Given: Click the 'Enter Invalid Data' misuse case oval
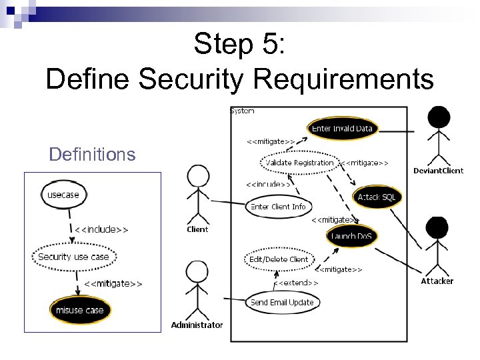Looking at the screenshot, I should pyautogui.click(x=342, y=129).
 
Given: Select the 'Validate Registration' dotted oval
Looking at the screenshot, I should pyautogui.click(x=299, y=163).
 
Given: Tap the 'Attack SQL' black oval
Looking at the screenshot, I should pyautogui.click(x=377, y=197).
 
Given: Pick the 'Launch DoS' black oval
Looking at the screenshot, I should pyautogui.click(x=352, y=236).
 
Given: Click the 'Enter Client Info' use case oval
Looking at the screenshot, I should pyautogui.click(x=278, y=207).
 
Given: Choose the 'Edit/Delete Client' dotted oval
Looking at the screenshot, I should pyautogui.click(x=278, y=259).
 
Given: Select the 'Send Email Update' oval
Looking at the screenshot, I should pyautogui.click(x=282, y=302).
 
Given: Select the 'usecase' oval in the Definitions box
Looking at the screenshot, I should pyautogui.click(x=63, y=195).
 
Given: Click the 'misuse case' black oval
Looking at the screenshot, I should pyautogui.click(x=79, y=310).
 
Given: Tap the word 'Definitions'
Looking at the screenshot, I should pyautogui.click(x=92, y=155).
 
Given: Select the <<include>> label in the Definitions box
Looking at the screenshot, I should pyautogui.click(x=101, y=229).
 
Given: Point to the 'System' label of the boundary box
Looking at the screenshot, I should pyautogui.click(x=242, y=111).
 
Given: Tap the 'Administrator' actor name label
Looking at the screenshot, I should pyautogui.click(x=197, y=325).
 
